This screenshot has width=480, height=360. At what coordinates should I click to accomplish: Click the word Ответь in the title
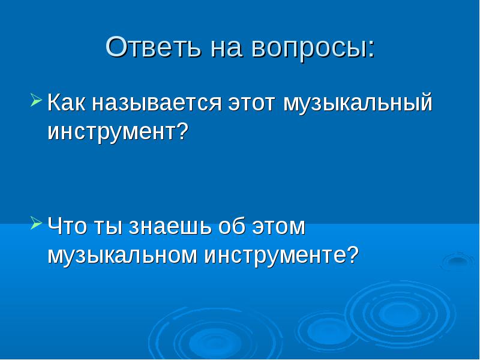(x=154, y=47)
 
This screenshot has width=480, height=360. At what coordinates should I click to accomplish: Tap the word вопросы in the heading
(x=309, y=50)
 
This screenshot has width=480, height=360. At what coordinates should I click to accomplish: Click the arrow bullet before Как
(x=37, y=100)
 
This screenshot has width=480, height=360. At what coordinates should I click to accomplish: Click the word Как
(x=67, y=102)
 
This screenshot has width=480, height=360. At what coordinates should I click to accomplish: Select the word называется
(x=157, y=103)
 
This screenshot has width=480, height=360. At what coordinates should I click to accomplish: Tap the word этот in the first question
(x=251, y=104)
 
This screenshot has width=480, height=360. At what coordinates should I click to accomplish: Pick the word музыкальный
(x=358, y=103)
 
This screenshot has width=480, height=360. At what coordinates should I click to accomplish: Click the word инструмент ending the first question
(x=112, y=133)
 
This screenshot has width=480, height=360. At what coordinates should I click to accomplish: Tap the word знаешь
(x=170, y=227)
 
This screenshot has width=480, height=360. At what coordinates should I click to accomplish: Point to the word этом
(x=278, y=227)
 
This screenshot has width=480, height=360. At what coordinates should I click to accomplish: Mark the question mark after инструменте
(x=353, y=254)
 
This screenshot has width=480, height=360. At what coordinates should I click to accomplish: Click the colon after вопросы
(x=371, y=50)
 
